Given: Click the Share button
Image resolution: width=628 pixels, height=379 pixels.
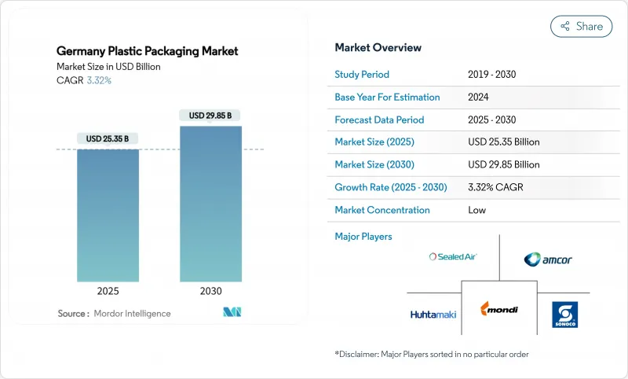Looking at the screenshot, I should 582,26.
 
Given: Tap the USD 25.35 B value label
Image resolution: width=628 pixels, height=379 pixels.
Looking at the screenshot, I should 108,139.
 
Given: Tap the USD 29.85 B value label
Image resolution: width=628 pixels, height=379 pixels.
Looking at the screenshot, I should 210,116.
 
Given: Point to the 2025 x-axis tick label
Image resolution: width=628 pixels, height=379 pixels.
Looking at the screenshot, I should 108,290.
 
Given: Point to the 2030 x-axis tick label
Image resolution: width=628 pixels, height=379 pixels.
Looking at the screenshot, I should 210,290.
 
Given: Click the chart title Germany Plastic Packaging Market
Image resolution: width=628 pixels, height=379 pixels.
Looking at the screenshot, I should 148,51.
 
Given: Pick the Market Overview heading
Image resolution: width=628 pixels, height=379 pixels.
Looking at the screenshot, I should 378,48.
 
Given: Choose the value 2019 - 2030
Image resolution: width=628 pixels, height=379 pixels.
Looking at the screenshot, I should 492,75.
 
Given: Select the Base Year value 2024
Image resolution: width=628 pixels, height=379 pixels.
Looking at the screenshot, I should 479,98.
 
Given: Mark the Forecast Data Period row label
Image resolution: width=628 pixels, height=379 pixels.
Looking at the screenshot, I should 379,120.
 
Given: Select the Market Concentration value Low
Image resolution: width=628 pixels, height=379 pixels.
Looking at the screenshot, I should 476,210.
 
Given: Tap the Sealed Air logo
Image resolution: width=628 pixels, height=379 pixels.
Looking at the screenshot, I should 453,256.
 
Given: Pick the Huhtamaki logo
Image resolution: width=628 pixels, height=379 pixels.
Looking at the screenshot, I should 433,315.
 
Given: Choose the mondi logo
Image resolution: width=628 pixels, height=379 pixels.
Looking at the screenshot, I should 499,310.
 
